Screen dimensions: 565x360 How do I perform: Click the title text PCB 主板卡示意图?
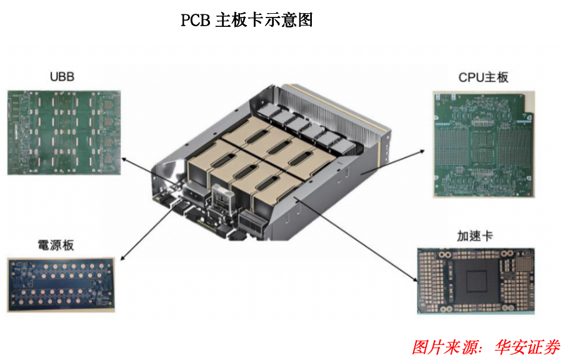point(246,20)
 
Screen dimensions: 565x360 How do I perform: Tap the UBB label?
point(62,77)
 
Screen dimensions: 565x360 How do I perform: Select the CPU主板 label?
point(483,77)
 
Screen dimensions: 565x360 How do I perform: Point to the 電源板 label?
point(56,245)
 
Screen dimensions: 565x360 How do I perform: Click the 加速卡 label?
point(474,236)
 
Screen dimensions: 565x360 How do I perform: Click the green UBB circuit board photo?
point(64,132)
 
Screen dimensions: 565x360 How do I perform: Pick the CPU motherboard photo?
point(484,144)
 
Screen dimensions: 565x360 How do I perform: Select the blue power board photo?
point(61,284)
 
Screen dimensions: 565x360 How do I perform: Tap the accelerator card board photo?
point(476,281)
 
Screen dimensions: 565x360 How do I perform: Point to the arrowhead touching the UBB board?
point(124,159)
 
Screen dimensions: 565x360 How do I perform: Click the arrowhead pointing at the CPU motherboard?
point(422,152)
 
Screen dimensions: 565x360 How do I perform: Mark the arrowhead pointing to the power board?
point(123,257)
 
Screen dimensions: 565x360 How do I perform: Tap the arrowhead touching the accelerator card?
point(415,279)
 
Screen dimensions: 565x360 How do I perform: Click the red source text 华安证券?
point(527,347)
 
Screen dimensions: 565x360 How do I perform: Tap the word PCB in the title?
point(195,20)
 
